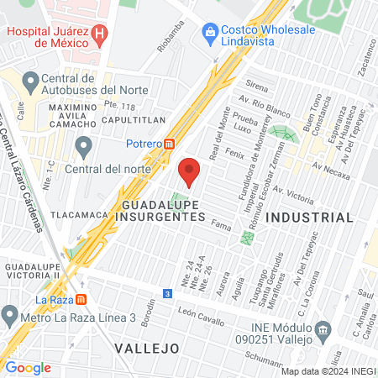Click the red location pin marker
pos(189,171)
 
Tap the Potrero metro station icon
pos(171,144)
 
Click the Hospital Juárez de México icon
pos(100,34)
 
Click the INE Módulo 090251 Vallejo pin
pos(322,328)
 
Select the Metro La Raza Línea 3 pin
pos(10,317)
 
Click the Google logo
pos(28,367)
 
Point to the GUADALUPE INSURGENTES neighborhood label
pos(164,210)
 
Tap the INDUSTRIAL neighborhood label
pos(309,217)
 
